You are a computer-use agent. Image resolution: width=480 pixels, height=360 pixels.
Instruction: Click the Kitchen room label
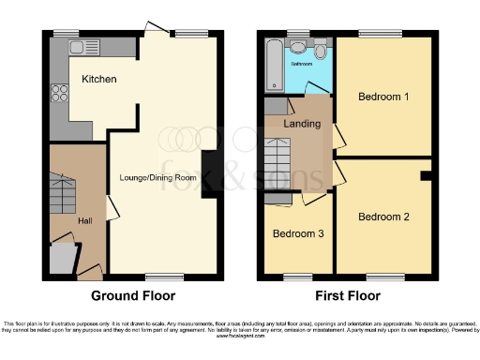98,80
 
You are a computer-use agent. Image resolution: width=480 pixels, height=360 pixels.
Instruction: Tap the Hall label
84,221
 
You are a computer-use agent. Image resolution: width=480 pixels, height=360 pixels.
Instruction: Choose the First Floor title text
347,295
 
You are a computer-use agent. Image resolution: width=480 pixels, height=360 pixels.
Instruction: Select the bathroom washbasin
299,46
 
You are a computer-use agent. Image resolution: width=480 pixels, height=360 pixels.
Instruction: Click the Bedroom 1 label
383,97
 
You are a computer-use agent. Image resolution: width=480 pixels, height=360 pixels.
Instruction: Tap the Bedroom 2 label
383,217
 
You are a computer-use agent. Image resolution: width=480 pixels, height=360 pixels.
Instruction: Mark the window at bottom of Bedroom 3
298,276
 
